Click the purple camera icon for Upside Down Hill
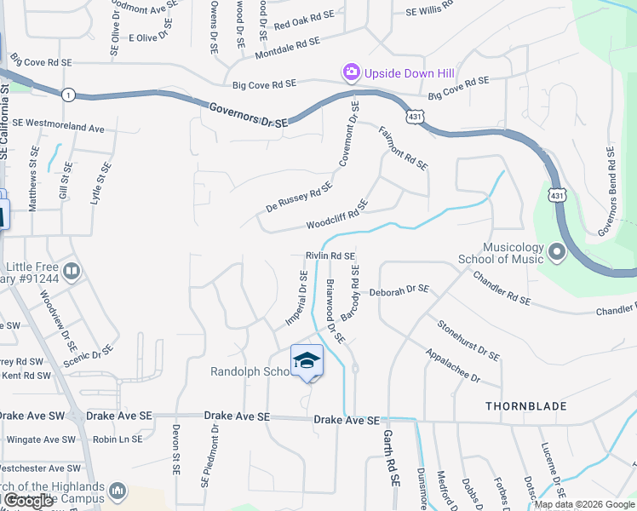pos(350,72)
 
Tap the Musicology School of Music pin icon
pos(557,252)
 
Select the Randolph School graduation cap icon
pos(307,361)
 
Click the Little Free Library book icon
pos(72,273)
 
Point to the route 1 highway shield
pos(66,94)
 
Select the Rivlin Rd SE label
pos(330,255)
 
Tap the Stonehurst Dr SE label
pos(468,338)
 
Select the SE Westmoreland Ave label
pos(58,125)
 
